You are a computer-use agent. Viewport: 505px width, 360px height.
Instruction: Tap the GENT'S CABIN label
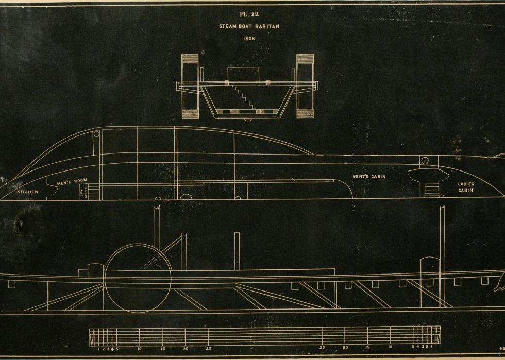[369, 177]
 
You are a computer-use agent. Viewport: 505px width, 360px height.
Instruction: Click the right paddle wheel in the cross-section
[305, 85]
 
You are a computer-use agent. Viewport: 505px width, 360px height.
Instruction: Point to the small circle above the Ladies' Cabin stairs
[425, 161]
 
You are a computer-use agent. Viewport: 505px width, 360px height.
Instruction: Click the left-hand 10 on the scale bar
[139, 349]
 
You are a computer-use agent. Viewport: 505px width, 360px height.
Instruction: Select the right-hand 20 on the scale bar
[345, 348]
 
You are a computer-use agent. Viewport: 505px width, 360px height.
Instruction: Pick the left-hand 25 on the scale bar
[208, 349]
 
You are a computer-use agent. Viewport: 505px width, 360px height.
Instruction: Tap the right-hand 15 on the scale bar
[368, 348]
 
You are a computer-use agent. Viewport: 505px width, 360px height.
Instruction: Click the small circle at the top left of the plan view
[96, 134]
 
